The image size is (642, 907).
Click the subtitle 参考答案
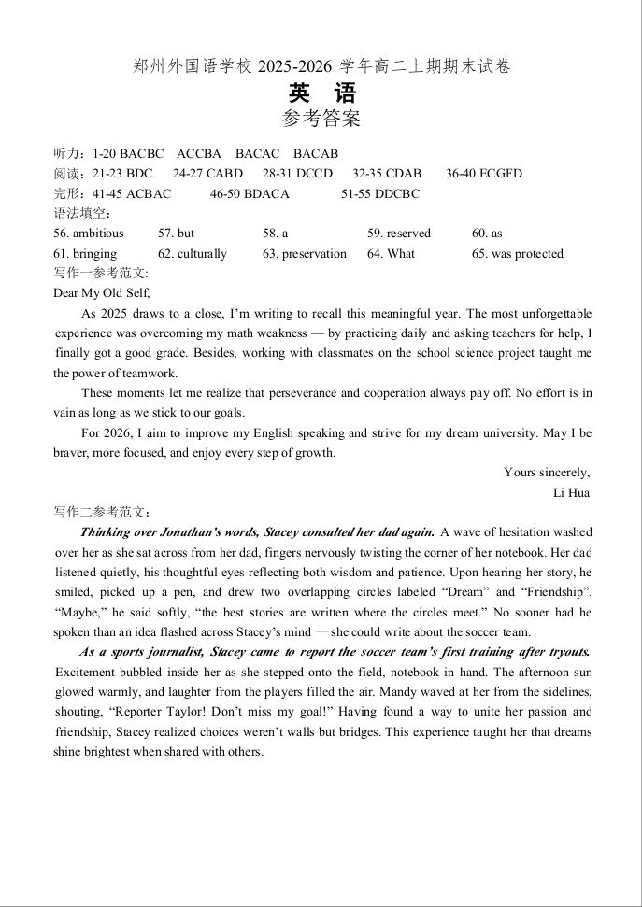click(x=321, y=119)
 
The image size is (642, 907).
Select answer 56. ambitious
click(x=89, y=234)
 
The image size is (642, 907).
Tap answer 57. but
click(x=177, y=234)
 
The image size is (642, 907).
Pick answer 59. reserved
click(x=399, y=234)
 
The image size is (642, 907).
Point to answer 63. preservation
click(x=305, y=253)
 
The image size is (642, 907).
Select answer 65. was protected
click(x=518, y=253)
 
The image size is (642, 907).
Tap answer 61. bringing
click(x=85, y=253)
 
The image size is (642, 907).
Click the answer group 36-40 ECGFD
click(x=484, y=173)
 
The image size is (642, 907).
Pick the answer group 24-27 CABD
click(x=207, y=173)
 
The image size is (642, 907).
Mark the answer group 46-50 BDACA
click(x=250, y=193)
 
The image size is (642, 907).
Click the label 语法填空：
click(x=83, y=214)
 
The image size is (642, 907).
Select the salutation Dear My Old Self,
click(x=102, y=292)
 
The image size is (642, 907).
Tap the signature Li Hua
click(x=571, y=492)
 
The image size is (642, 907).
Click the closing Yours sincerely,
click(x=547, y=473)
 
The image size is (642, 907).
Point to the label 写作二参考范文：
click(x=102, y=512)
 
